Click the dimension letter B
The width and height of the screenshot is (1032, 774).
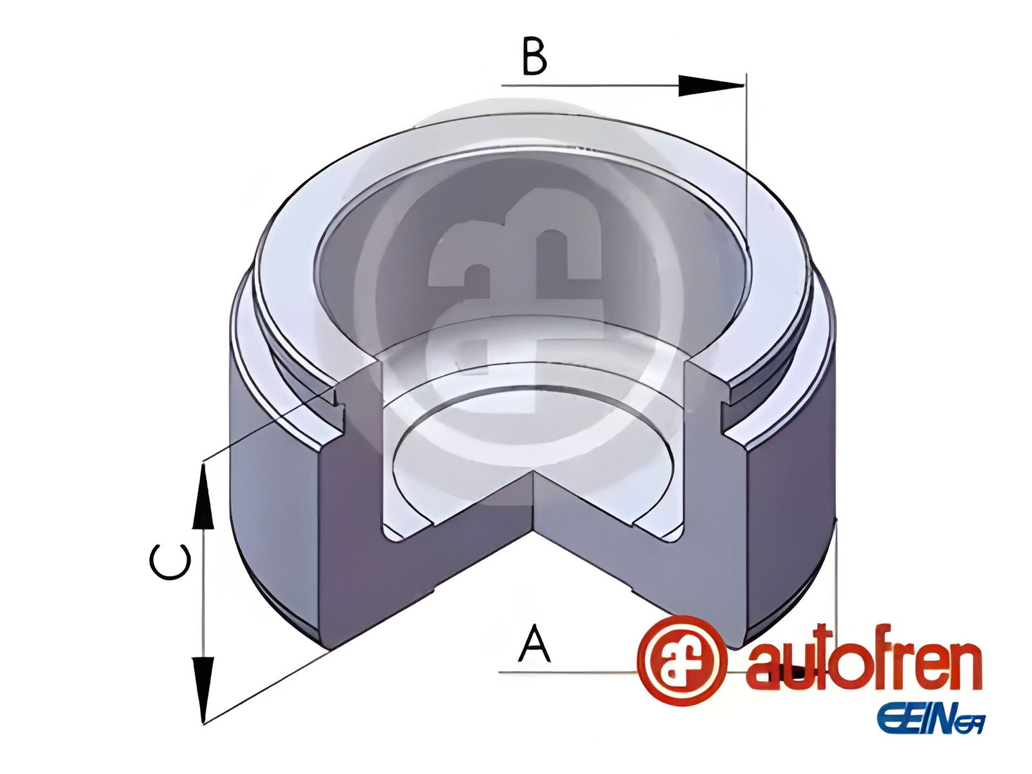[534, 57]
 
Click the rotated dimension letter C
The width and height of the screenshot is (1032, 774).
[170, 562]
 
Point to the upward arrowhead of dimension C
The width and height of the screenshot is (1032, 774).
[203, 497]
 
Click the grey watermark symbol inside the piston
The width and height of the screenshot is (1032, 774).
[516, 284]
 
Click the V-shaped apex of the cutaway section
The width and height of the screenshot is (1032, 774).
[534, 474]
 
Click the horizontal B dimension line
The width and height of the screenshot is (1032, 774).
[593, 85]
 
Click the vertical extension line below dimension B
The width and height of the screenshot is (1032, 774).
[746, 161]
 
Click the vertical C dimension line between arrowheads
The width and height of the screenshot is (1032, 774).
[203, 593]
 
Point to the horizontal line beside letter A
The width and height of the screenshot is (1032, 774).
[568, 673]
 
